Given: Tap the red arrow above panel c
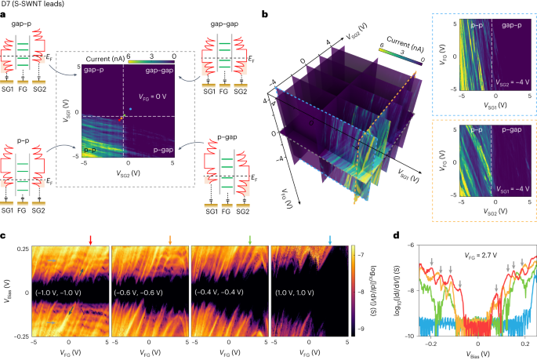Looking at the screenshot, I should click(x=91, y=240).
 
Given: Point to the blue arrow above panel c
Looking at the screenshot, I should click(x=330, y=240).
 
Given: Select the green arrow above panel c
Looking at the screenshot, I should click(x=250, y=240).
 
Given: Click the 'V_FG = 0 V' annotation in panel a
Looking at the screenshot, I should click(x=155, y=96).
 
